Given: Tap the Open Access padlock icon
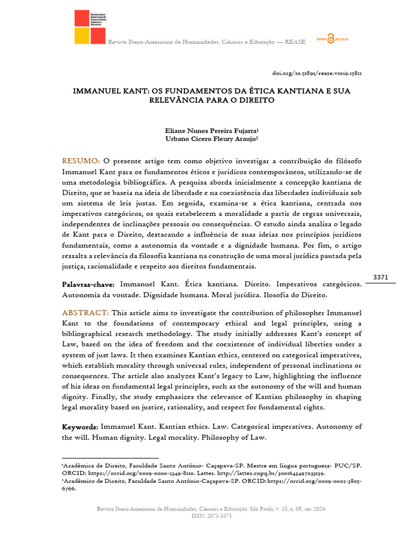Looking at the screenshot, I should pos(330,40).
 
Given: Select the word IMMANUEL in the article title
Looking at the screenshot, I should pos(94,91).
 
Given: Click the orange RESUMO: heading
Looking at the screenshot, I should pos(81,160).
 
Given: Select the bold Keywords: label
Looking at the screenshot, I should pos(80,427).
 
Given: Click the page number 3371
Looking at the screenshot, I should pos(381,277).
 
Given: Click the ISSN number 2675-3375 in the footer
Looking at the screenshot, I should pos(219,516).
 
